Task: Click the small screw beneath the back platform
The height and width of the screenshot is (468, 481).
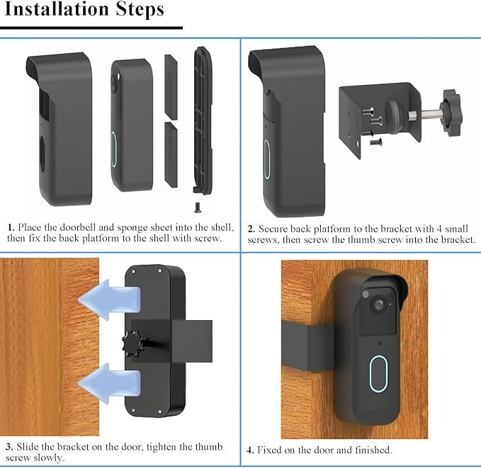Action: tap(196, 207)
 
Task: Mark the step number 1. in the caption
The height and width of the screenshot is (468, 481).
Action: tap(11, 228)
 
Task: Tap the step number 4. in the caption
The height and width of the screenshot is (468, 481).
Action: tap(250, 450)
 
